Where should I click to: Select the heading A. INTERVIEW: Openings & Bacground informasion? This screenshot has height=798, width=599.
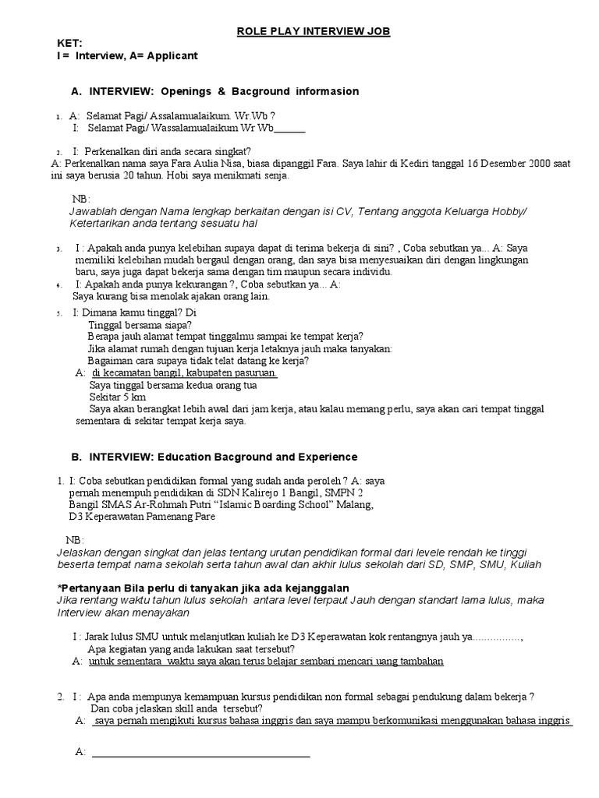214,91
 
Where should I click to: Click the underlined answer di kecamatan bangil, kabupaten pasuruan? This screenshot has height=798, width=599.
185,373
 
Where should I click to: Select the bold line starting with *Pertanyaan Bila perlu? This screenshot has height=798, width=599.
204,587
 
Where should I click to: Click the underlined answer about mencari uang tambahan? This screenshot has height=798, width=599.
267,661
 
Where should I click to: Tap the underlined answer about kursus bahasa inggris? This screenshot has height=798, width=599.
332,721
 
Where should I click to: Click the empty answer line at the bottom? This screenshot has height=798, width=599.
200,754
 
